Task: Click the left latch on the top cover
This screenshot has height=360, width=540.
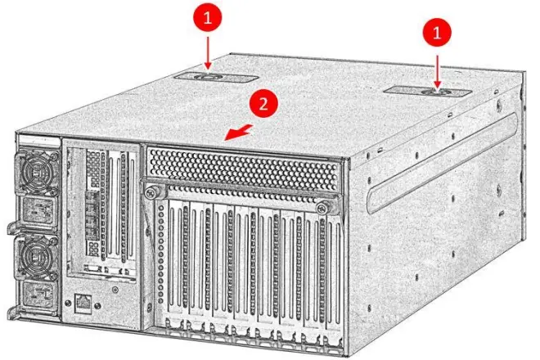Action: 208,78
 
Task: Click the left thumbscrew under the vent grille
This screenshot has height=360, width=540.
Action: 151,191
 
